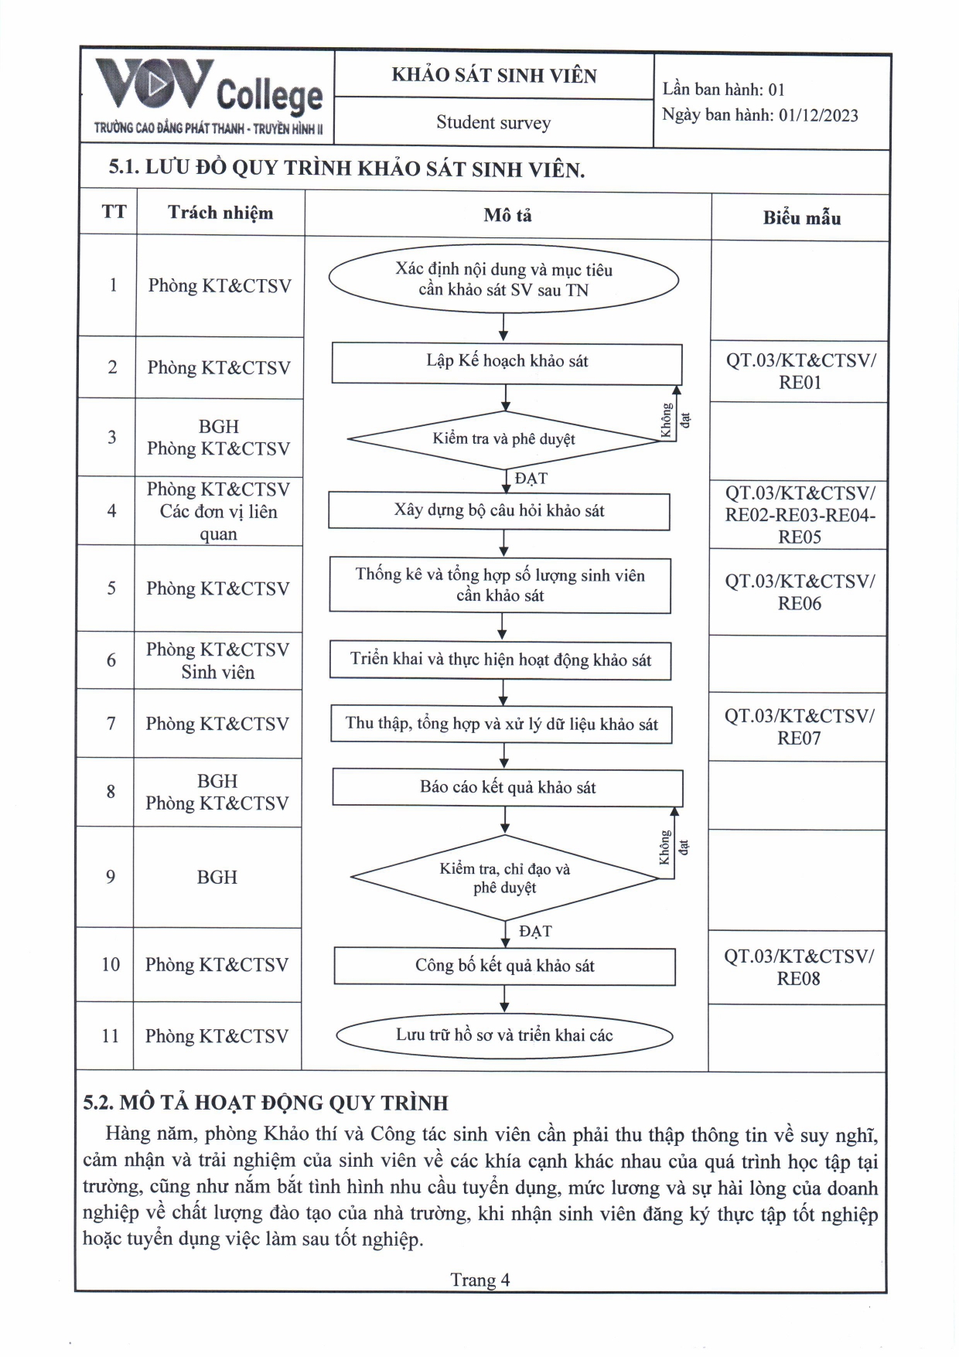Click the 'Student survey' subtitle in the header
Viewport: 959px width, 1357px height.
point(493,122)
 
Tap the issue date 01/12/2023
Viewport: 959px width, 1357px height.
point(818,115)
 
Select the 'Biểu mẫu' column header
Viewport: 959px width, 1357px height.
point(801,218)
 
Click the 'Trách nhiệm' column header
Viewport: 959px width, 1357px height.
point(220,213)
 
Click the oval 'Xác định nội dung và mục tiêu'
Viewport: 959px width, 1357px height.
point(503,279)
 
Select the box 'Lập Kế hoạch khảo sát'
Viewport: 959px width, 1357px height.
point(507,362)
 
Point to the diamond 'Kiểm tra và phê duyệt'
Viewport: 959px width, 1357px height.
point(503,439)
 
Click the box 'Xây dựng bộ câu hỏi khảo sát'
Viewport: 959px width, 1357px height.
point(499,511)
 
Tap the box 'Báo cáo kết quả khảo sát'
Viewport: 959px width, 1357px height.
point(507,788)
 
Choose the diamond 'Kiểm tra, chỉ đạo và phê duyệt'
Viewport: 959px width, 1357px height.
point(504,878)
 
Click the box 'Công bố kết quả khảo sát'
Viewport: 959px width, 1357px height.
point(504,966)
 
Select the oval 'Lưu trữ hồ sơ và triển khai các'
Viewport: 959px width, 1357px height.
point(504,1035)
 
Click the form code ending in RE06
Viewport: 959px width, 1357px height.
point(800,592)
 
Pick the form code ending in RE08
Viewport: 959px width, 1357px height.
point(799,967)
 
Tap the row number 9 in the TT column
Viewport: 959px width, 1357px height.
point(111,877)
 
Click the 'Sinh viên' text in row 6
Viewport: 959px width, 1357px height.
point(218,673)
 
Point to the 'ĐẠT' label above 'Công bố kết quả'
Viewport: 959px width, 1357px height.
point(535,931)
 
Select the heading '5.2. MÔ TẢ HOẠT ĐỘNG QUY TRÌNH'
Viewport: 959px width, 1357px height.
point(265,1103)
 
